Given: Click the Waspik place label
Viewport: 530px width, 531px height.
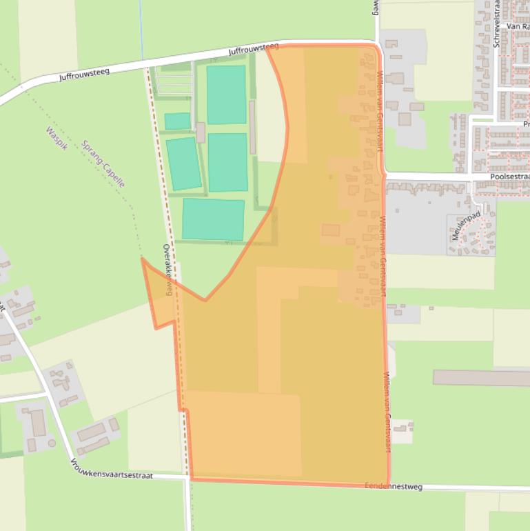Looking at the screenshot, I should pyautogui.click(x=56, y=139).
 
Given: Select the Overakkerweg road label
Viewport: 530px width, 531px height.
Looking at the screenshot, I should pyautogui.click(x=167, y=269).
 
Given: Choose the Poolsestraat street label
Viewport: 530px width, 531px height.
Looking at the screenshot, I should pyautogui.click(x=509, y=177).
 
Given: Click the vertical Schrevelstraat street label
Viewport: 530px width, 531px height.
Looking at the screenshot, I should pyautogui.click(x=496, y=24).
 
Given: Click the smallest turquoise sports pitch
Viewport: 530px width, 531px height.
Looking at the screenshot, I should pyautogui.click(x=177, y=121).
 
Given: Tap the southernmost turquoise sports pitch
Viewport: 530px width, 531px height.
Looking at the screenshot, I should pyautogui.click(x=213, y=219).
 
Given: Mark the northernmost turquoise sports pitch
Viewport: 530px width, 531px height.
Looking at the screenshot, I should pyautogui.click(x=226, y=94).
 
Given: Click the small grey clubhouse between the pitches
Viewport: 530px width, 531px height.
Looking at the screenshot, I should pyautogui.click(x=201, y=132).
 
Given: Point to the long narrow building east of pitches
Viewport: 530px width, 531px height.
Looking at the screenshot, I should pyautogui.click(x=252, y=128).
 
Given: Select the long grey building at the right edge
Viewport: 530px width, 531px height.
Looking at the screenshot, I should pyautogui.click(x=481, y=378).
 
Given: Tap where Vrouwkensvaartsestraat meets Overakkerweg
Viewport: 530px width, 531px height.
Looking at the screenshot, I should pyautogui.click(x=187, y=476).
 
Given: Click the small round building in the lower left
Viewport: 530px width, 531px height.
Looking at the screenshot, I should pyautogui.click(x=52, y=443).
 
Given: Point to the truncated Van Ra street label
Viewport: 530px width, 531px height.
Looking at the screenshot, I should pyautogui.click(x=517, y=26).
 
